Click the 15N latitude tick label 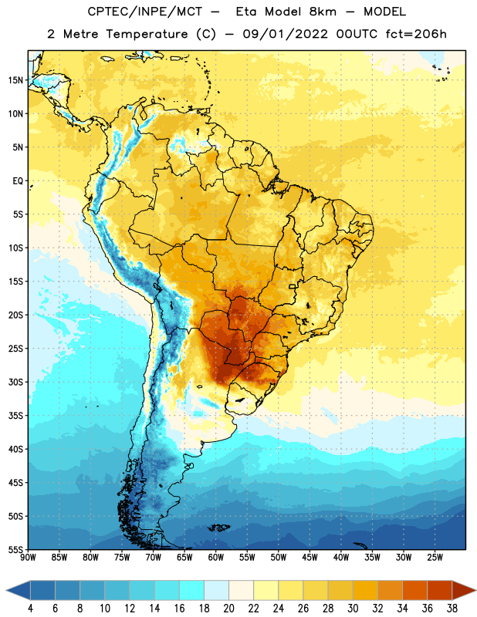pyautogui.click(x=15, y=80)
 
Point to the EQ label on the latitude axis pyautogui.click(x=18, y=181)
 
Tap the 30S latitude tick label pyautogui.click(x=15, y=382)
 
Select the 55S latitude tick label pyautogui.click(x=15, y=549)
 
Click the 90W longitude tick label pyautogui.click(x=28, y=558)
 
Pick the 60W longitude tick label pyautogui.click(x=216, y=558)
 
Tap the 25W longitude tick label pyautogui.click(x=435, y=558)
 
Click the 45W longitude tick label pyautogui.click(x=310, y=558)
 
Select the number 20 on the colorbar pyautogui.click(x=228, y=609)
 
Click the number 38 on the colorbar pyautogui.click(x=452, y=609)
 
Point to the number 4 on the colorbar pyautogui.click(x=30, y=609)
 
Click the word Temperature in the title pyautogui.click(x=147, y=34)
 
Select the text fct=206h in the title pyautogui.click(x=416, y=34)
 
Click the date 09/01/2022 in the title pyautogui.click(x=285, y=34)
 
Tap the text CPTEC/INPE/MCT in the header pyautogui.click(x=144, y=12)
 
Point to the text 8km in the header pyautogui.click(x=323, y=12)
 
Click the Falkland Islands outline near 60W pyautogui.click(x=219, y=528)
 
